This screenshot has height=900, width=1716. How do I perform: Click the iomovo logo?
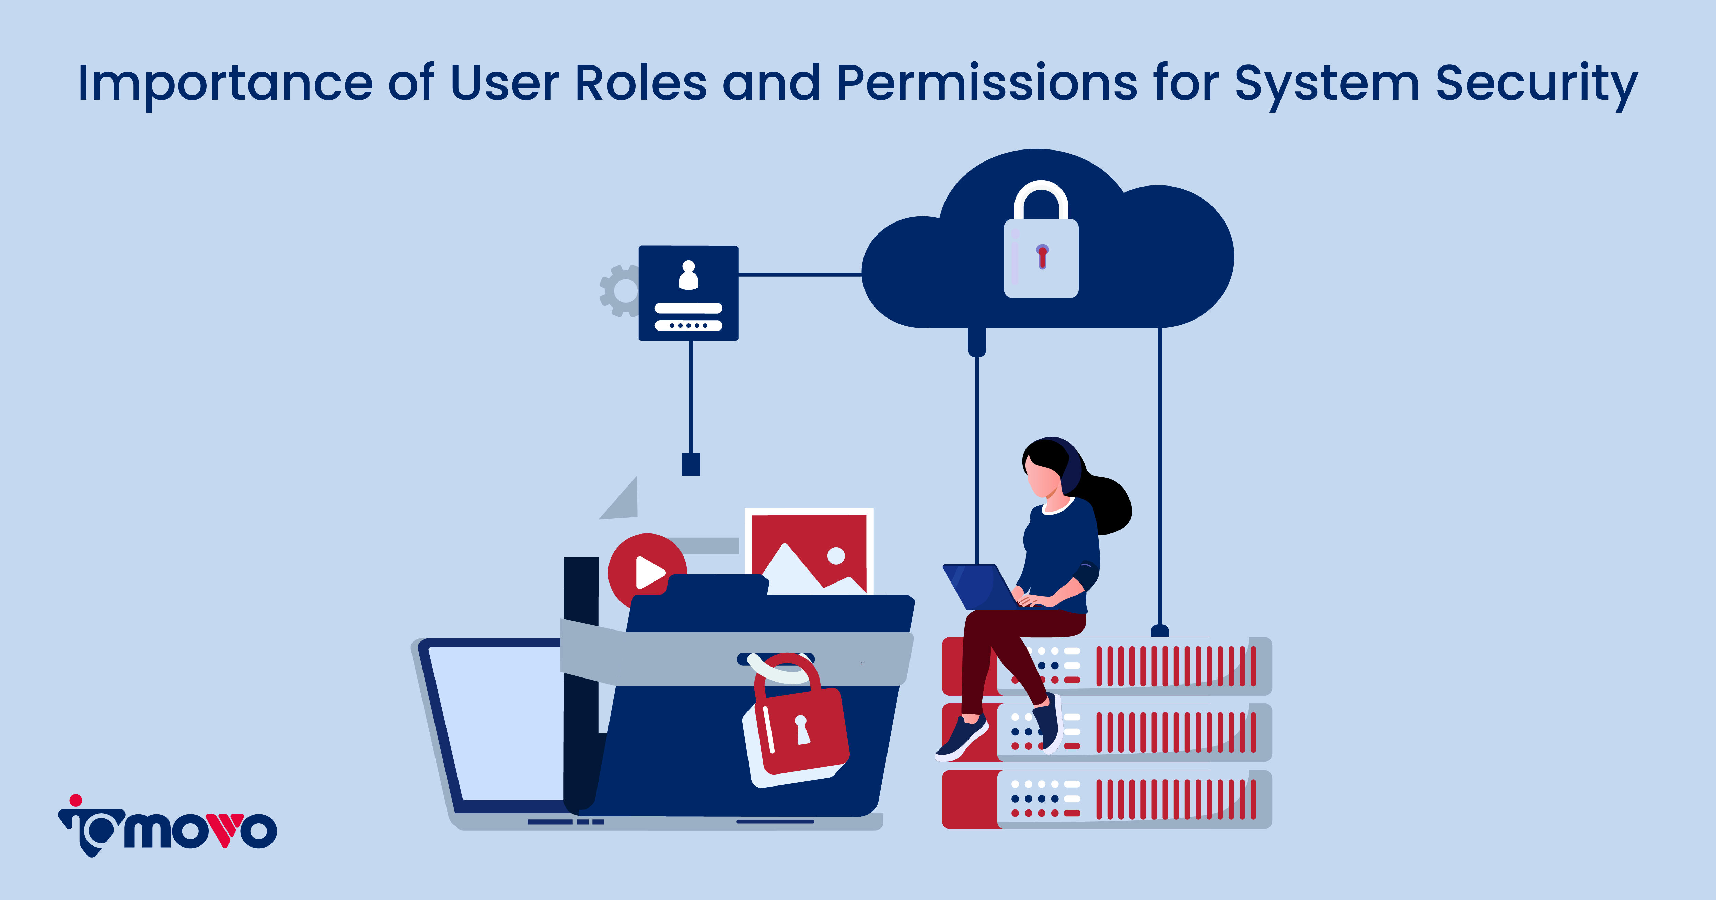coord(168,826)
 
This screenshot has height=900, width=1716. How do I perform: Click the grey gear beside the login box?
coord(619,290)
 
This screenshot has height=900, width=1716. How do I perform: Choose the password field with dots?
coord(688,325)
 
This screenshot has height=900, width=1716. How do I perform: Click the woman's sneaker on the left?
coord(962,737)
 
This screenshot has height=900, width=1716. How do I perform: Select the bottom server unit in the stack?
coord(1106,799)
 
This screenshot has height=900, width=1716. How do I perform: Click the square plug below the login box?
coord(691,464)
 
